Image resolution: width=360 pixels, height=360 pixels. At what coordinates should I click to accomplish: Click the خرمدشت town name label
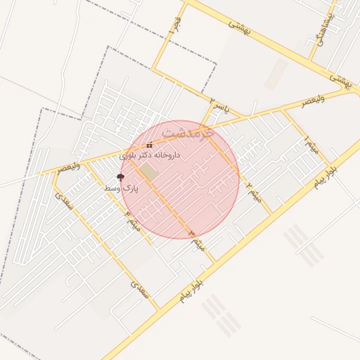click(x=186, y=131)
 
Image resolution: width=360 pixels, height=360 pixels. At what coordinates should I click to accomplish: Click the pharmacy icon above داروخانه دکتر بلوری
click(x=149, y=146)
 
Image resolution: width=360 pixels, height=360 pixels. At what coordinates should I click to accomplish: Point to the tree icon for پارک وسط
click(x=120, y=178)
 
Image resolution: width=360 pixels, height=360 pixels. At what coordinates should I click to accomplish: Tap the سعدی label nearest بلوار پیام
click(x=140, y=288)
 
